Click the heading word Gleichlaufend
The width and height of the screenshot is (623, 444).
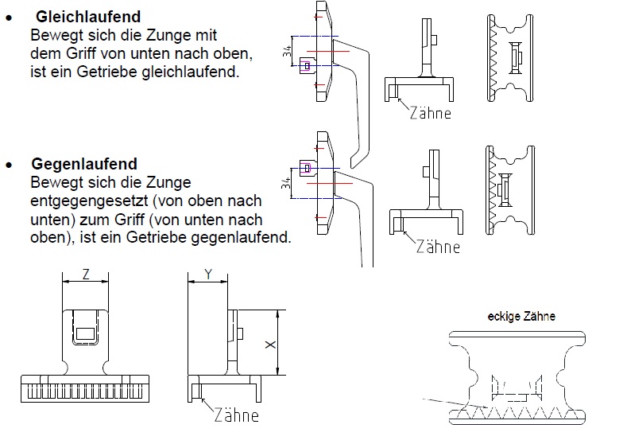(x=88, y=18)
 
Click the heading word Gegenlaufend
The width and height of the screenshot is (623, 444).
(x=84, y=164)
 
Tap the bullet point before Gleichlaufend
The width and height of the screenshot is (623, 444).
(x=9, y=18)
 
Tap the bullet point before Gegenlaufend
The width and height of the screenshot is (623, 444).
(x=9, y=165)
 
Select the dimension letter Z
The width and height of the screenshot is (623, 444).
(x=86, y=274)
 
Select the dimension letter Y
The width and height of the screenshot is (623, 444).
(x=208, y=274)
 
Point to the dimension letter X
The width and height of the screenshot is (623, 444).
(x=270, y=345)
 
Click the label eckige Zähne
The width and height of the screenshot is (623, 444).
(x=521, y=317)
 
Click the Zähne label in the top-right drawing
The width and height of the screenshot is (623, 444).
(x=431, y=113)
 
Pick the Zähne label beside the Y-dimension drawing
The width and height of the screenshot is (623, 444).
(x=237, y=415)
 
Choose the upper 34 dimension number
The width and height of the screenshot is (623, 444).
(x=288, y=51)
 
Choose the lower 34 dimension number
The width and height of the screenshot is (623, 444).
(x=286, y=183)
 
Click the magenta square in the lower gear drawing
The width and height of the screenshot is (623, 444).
(x=307, y=169)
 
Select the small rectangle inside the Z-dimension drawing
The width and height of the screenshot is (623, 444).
(x=85, y=333)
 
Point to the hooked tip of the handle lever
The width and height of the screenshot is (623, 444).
(x=354, y=164)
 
